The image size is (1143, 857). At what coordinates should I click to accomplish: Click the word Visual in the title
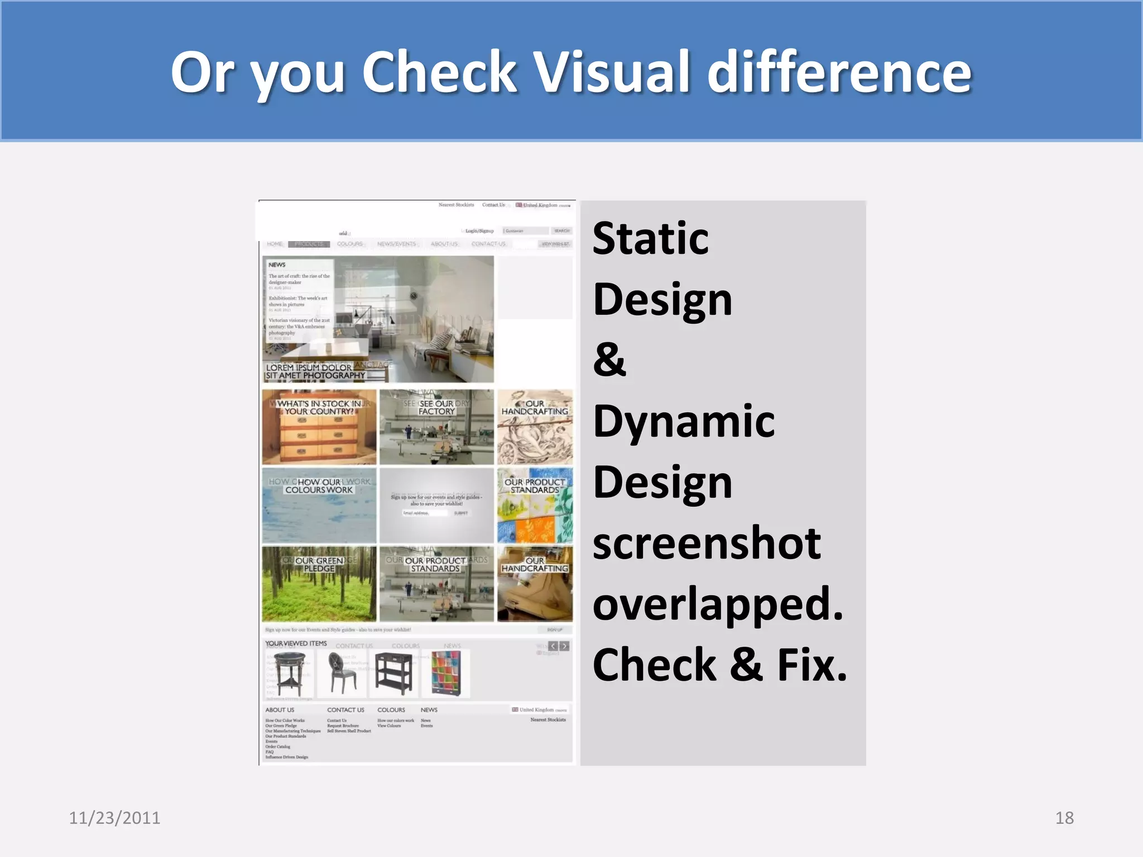[612, 73]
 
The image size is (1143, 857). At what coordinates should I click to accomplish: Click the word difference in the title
[839, 73]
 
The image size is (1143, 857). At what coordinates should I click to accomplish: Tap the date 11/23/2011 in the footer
[114, 817]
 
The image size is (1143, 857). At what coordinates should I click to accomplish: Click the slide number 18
[1064, 817]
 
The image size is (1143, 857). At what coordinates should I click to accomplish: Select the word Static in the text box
[650, 239]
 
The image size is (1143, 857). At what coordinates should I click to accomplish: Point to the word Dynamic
[684, 421]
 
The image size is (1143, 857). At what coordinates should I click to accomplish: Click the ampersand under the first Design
[609, 360]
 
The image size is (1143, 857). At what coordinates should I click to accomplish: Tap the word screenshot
[706, 544]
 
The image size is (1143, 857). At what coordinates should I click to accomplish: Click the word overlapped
[717, 605]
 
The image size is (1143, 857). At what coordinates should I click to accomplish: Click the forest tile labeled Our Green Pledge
[319, 585]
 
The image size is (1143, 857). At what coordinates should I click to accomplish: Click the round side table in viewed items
[290, 674]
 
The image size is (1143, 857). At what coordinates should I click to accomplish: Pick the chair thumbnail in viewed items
[341, 674]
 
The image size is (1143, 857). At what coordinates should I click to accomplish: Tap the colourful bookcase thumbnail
[445, 674]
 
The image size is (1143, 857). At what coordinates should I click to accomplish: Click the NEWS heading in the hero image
[277, 265]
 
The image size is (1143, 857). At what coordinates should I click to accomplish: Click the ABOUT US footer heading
[280, 710]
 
